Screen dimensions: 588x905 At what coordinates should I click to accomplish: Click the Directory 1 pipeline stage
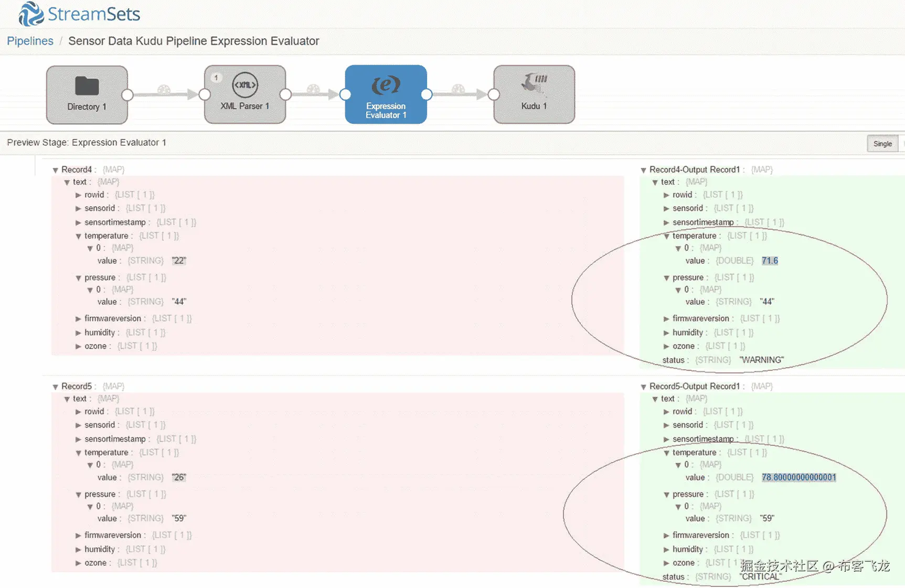click(x=87, y=94)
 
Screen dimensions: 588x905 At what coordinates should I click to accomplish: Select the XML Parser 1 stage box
click(x=245, y=94)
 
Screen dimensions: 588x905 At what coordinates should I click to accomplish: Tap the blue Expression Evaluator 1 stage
click(x=386, y=94)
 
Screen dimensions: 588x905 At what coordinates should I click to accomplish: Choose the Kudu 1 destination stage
click(x=534, y=94)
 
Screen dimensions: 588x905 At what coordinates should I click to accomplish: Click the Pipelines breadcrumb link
click(x=30, y=41)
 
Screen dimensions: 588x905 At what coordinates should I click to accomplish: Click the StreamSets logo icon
click(x=30, y=14)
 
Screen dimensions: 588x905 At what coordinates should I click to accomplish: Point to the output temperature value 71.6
click(x=770, y=261)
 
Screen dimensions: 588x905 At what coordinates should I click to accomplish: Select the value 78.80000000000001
click(x=798, y=477)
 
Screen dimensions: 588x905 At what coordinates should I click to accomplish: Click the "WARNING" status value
click(x=761, y=360)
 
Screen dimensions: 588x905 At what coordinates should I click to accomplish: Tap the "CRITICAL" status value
click(x=760, y=577)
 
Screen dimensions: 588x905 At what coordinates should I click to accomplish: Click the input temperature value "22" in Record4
click(x=179, y=261)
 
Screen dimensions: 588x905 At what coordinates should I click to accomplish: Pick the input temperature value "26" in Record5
click(x=179, y=477)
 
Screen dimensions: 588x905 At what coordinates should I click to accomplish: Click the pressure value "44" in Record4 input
click(x=179, y=302)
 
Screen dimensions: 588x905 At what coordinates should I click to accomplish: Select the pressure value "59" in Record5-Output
click(x=767, y=518)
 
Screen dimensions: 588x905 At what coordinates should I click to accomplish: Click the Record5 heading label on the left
click(x=77, y=387)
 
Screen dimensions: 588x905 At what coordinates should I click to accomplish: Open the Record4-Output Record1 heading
click(x=694, y=169)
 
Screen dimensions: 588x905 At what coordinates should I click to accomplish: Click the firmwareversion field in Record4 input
click(x=113, y=318)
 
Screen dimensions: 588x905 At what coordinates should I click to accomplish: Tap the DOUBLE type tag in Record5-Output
click(x=734, y=477)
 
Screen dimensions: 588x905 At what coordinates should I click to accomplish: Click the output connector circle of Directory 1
click(x=127, y=95)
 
